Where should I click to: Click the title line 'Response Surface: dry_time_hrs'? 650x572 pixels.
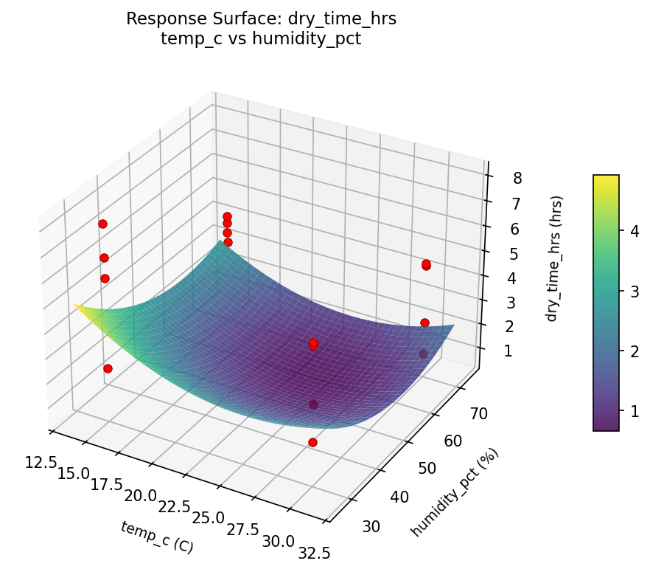261,19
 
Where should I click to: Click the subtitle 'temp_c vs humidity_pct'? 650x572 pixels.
261,39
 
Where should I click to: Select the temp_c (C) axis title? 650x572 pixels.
157,537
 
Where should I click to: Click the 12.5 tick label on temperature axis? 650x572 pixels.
41,462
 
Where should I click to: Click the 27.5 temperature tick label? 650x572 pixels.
242,529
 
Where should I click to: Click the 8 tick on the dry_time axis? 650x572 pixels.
497,178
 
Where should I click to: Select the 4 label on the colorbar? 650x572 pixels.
632,231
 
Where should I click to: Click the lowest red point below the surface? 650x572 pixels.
312,442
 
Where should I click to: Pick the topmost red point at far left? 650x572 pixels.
102,224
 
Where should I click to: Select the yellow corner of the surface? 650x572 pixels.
77,306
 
